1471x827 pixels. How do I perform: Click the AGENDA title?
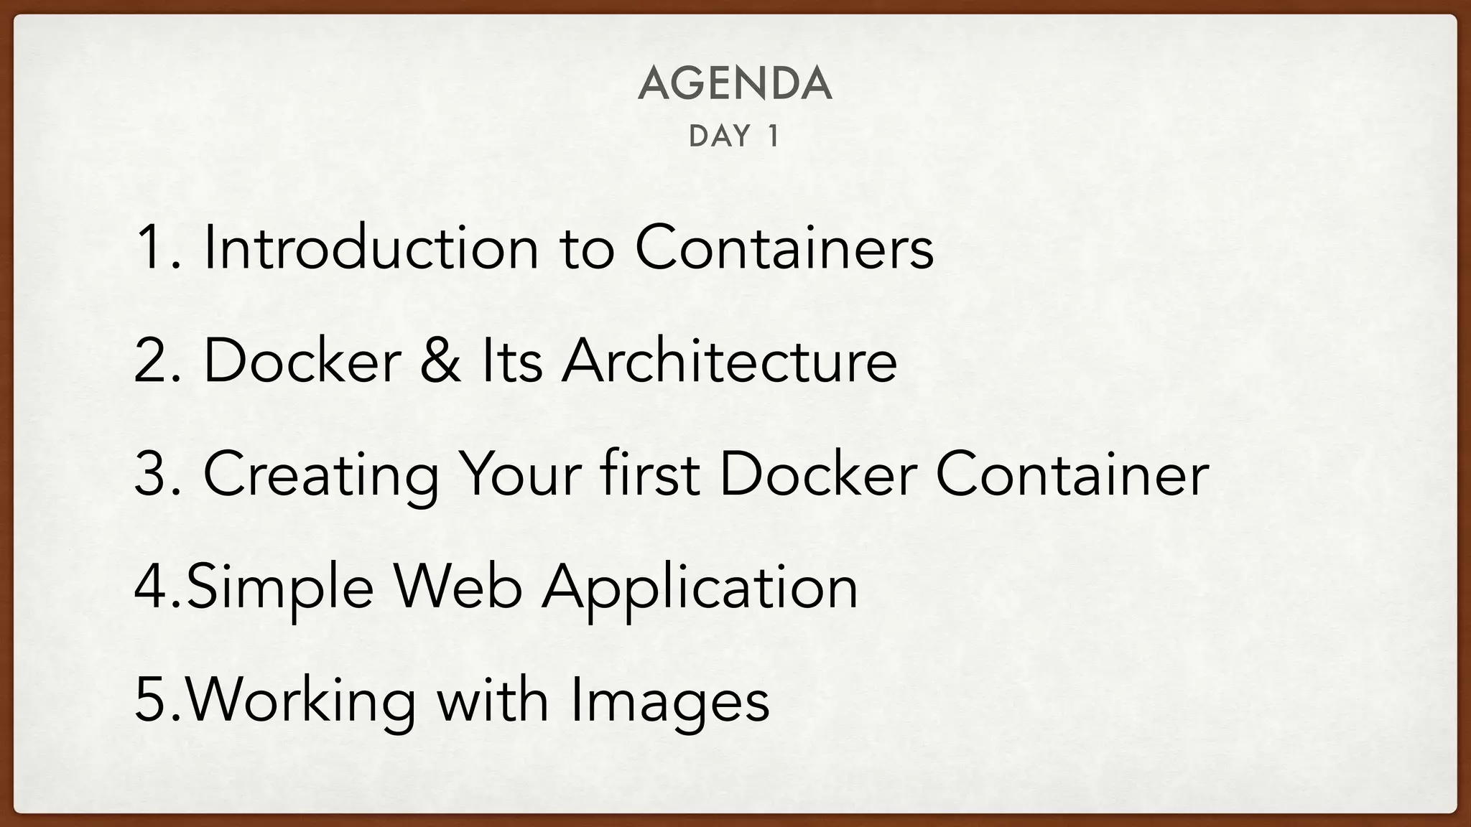tap(735, 83)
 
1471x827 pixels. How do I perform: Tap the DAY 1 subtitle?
tap(734, 136)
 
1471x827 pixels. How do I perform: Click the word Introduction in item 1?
tap(371, 248)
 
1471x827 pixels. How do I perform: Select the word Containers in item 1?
tap(784, 248)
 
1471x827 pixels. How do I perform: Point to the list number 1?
tap(152, 248)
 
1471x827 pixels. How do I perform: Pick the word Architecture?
tap(729, 360)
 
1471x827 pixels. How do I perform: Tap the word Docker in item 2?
tap(302, 360)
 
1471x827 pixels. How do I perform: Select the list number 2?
tap(152, 360)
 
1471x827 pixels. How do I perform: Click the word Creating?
tap(321, 475)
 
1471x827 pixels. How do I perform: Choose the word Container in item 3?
tap(1072, 474)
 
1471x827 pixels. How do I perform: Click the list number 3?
tap(152, 474)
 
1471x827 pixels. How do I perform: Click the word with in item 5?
tap(493, 701)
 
